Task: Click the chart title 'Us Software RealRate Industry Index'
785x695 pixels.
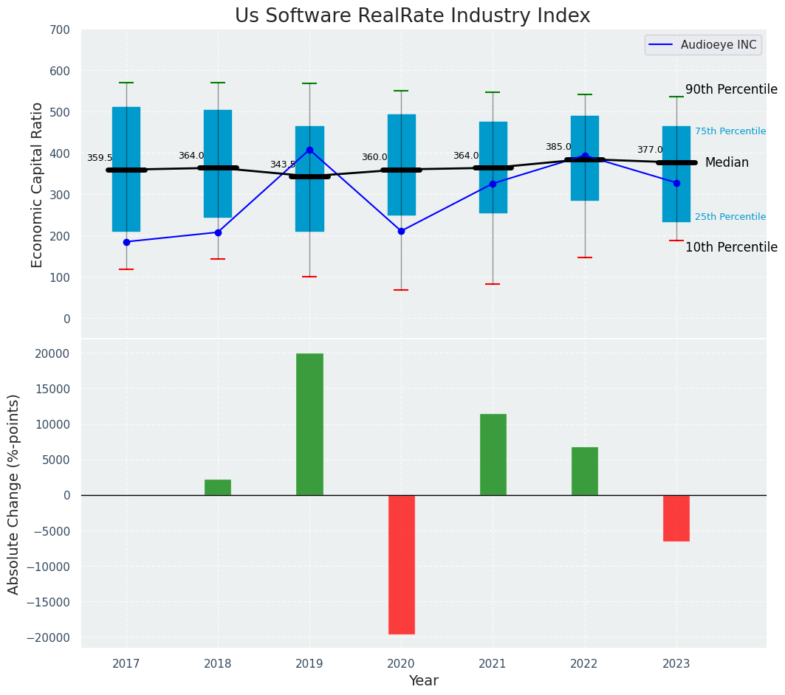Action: coord(412,16)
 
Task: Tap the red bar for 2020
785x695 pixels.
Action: coord(402,564)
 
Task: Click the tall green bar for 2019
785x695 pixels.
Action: coord(309,424)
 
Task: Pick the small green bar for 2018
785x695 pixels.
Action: coord(218,488)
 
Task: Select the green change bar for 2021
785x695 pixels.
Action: coord(493,454)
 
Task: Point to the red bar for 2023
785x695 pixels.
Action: coord(676,518)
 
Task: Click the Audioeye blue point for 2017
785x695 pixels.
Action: coord(126,242)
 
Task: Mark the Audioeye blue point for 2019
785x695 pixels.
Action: coord(309,150)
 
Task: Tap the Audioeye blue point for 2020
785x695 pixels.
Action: coord(401,231)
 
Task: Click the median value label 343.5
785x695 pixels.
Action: coord(282,165)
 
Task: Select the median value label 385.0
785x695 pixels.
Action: coord(558,148)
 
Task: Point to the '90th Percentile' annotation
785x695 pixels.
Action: coord(731,90)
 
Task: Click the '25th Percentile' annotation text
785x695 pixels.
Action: coord(730,217)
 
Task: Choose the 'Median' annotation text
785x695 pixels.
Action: coord(727,163)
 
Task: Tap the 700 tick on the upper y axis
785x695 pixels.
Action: coord(61,30)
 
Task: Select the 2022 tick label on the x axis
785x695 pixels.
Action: coord(584,664)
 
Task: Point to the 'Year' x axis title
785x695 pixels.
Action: coord(423,681)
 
